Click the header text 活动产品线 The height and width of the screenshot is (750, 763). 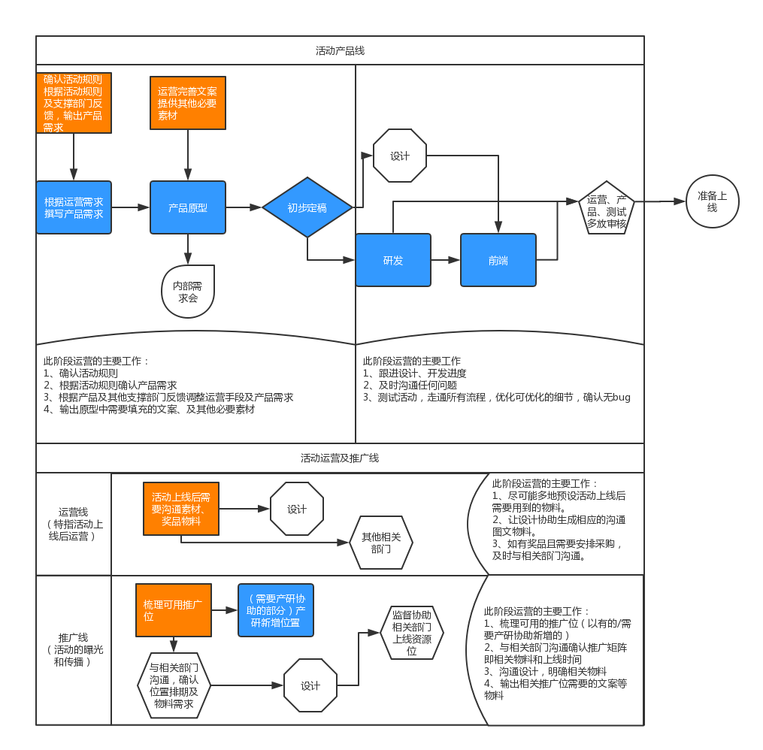tap(340, 51)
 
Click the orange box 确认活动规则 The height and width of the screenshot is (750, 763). tap(74, 103)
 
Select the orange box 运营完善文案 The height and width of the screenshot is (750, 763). tap(188, 103)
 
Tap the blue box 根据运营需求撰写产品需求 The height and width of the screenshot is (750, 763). tap(74, 207)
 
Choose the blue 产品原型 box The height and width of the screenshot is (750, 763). tap(188, 207)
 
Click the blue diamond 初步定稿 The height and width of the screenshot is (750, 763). tap(307, 207)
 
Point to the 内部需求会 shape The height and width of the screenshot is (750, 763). tap(188, 292)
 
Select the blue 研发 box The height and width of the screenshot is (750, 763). tap(393, 260)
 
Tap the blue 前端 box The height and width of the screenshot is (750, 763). tap(498, 260)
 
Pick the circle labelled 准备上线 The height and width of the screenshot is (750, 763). tap(712, 201)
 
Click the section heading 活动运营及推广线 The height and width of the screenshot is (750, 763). tap(340, 458)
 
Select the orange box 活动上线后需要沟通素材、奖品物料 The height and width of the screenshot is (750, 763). tap(181, 509)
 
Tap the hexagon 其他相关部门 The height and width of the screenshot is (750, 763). tap(381, 543)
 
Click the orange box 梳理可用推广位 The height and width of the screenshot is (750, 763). tap(174, 610)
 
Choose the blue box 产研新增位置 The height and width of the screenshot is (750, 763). tap(276, 610)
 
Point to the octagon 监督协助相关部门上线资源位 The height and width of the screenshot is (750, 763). tap(412, 633)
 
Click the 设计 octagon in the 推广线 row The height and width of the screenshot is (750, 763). tap(310, 685)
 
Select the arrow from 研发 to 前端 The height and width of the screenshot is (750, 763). tap(446, 260)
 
